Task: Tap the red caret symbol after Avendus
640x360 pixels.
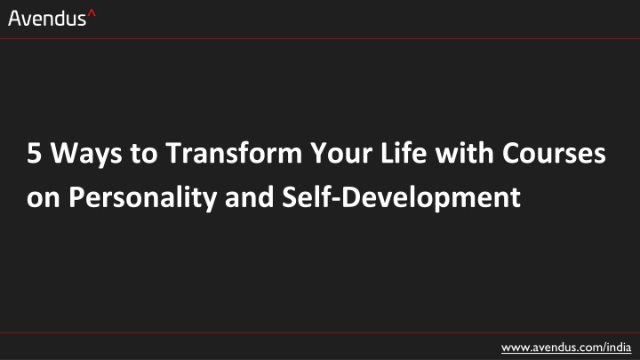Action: pyautogui.click(x=92, y=14)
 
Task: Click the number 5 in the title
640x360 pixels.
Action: pyautogui.click(x=35, y=154)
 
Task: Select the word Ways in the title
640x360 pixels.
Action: pyautogui.click(x=86, y=155)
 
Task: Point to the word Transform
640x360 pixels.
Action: pyautogui.click(x=234, y=153)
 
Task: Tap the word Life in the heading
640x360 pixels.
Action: pyautogui.click(x=404, y=153)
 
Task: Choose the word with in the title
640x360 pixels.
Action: pyautogui.click(x=464, y=153)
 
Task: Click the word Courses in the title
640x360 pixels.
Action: pyautogui.click(x=554, y=154)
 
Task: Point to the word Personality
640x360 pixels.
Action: pyautogui.click(x=142, y=199)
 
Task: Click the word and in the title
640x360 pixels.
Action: pyautogui.click(x=249, y=197)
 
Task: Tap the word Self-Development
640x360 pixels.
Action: pyautogui.click(x=401, y=199)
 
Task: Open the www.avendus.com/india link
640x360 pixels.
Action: pyautogui.click(x=566, y=348)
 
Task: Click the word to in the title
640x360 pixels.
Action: pyautogui.click(x=144, y=155)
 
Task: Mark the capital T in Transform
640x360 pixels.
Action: pyautogui.click(x=174, y=154)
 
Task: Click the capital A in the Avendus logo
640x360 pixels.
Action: pyautogui.click(x=15, y=19)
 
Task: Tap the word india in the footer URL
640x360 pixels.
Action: pyautogui.click(x=619, y=347)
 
